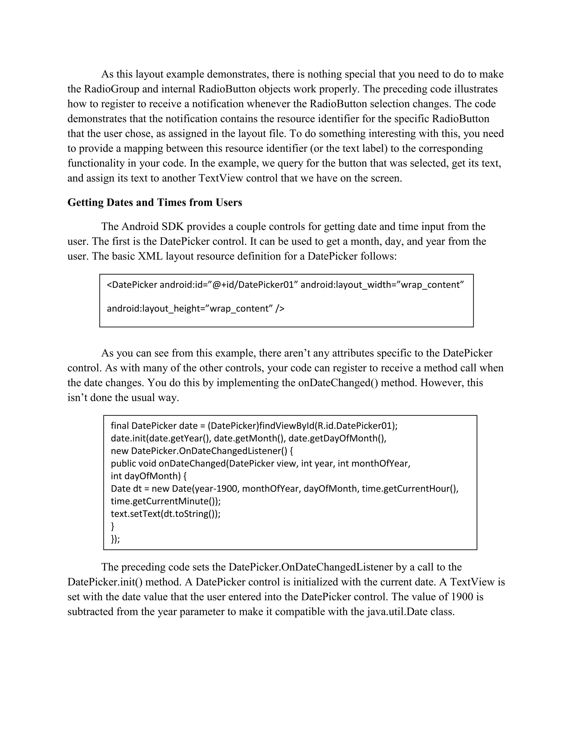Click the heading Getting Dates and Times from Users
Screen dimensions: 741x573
coord(155,202)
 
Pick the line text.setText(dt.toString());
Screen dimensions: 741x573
coord(165,514)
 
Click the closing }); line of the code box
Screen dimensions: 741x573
coord(116,539)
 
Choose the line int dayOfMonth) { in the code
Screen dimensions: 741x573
coord(148,476)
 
